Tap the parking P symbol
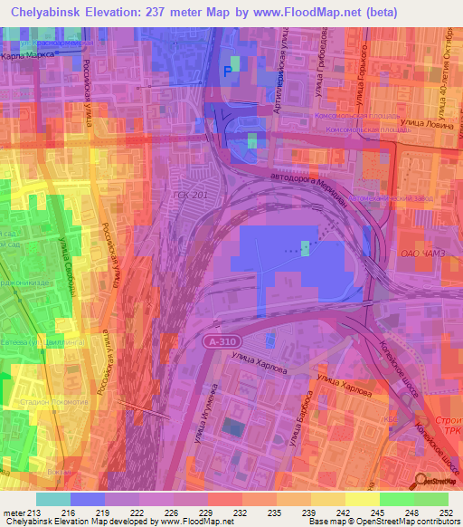(228, 72)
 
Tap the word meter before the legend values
(14, 513)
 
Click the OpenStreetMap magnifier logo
(422, 483)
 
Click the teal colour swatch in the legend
(53, 499)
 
